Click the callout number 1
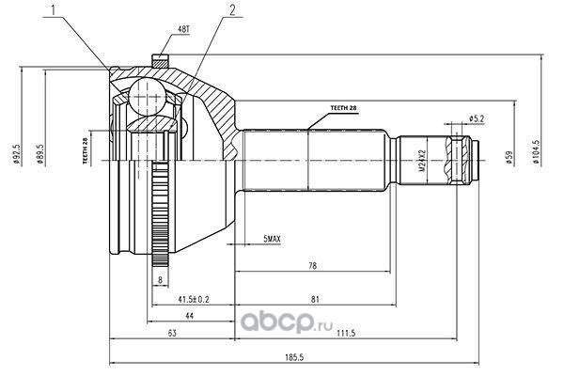[54, 10]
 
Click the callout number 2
[232, 10]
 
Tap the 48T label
[183, 29]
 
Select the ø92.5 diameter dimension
[15, 154]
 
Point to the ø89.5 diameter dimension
[39, 154]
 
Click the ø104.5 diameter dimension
[537, 152]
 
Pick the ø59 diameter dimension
[509, 157]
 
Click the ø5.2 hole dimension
[477, 118]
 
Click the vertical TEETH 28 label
[86, 151]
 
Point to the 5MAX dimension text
[272, 239]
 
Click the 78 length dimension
[313, 266]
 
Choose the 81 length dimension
[315, 299]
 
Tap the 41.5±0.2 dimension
[194, 299]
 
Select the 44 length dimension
[189, 316]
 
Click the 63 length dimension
[172, 333]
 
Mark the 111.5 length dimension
[347, 333]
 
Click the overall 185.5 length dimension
[294, 357]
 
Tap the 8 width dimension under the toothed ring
[161, 279]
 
